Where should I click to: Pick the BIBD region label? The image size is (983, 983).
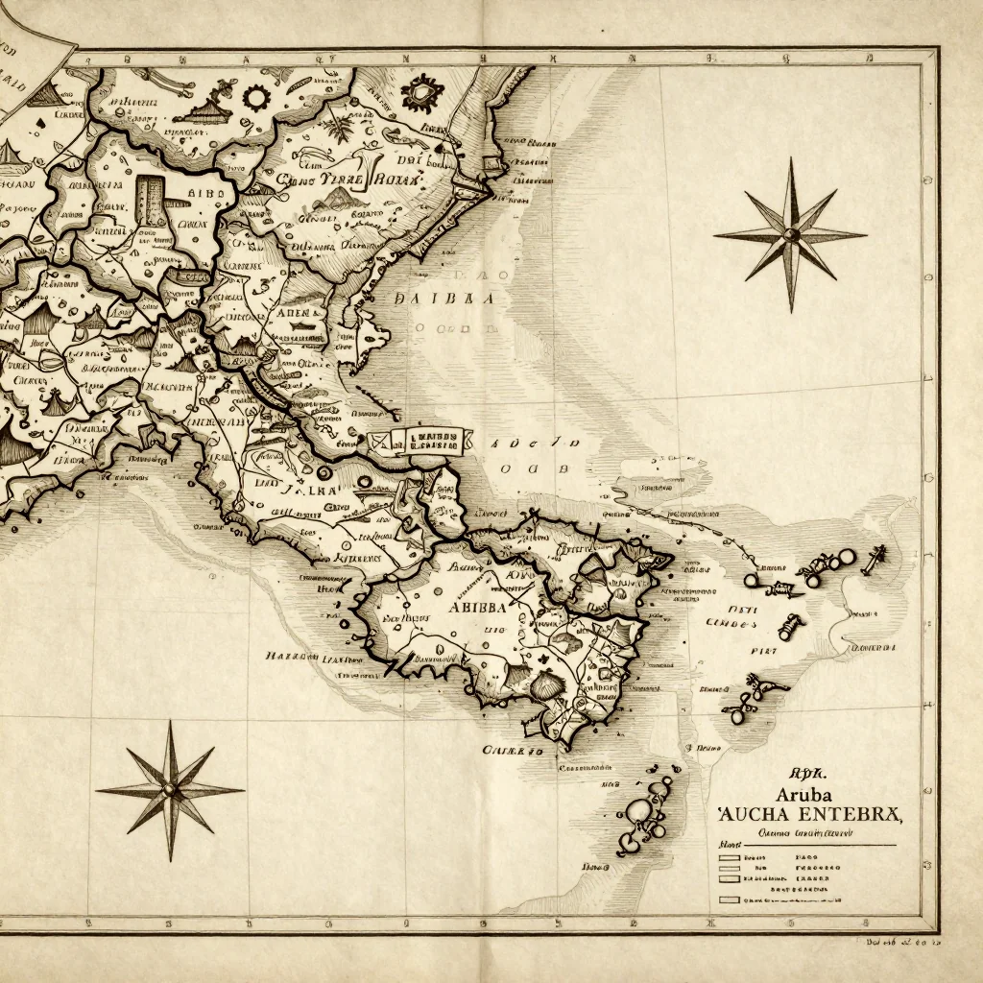(x=201, y=194)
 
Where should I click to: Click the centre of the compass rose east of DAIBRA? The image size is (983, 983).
(x=791, y=234)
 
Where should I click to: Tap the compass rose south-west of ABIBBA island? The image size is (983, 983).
(x=171, y=789)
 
